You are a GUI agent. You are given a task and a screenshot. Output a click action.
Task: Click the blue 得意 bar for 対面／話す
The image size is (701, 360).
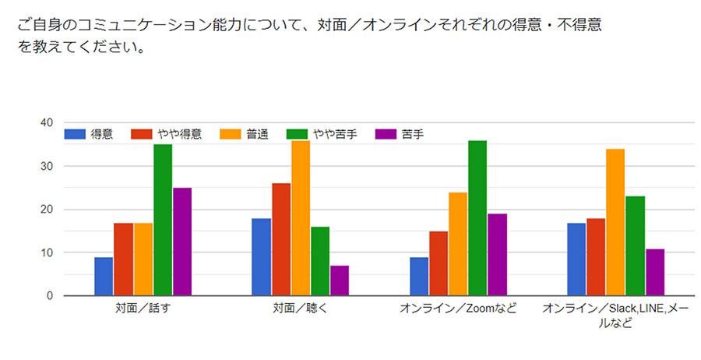[x=104, y=277]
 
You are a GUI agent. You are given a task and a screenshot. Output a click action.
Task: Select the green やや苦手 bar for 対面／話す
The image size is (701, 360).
[x=163, y=220]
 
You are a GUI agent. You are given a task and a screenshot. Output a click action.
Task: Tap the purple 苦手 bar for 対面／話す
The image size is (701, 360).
[x=182, y=242]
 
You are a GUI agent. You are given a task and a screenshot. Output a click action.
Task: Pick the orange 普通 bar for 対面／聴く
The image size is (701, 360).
[x=301, y=218]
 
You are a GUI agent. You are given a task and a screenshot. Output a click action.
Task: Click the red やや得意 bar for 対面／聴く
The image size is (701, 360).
[x=281, y=239]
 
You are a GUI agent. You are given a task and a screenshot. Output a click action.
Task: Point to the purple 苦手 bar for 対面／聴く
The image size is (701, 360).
[x=340, y=281]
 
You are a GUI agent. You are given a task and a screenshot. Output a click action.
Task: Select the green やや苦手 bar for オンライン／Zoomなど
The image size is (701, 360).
[x=477, y=218]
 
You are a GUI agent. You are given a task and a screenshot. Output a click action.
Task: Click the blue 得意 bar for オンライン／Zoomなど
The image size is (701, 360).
[x=419, y=277]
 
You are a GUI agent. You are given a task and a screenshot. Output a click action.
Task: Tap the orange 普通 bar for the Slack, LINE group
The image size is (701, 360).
[x=615, y=222]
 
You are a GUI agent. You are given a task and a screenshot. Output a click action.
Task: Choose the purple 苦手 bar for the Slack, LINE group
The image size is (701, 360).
[x=655, y=272]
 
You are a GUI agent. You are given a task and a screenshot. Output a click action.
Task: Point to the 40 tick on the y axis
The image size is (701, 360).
[x=47, y=123]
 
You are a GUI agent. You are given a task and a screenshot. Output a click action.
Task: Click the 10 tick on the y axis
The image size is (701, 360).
[x=47, y=252]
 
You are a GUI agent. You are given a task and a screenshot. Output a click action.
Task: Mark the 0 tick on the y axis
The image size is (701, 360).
[x=49, y=296]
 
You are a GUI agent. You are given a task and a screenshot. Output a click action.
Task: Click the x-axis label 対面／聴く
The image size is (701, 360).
[x=300, y=309]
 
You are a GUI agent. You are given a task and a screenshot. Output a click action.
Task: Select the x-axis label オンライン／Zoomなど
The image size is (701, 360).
[x=458, y=309]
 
